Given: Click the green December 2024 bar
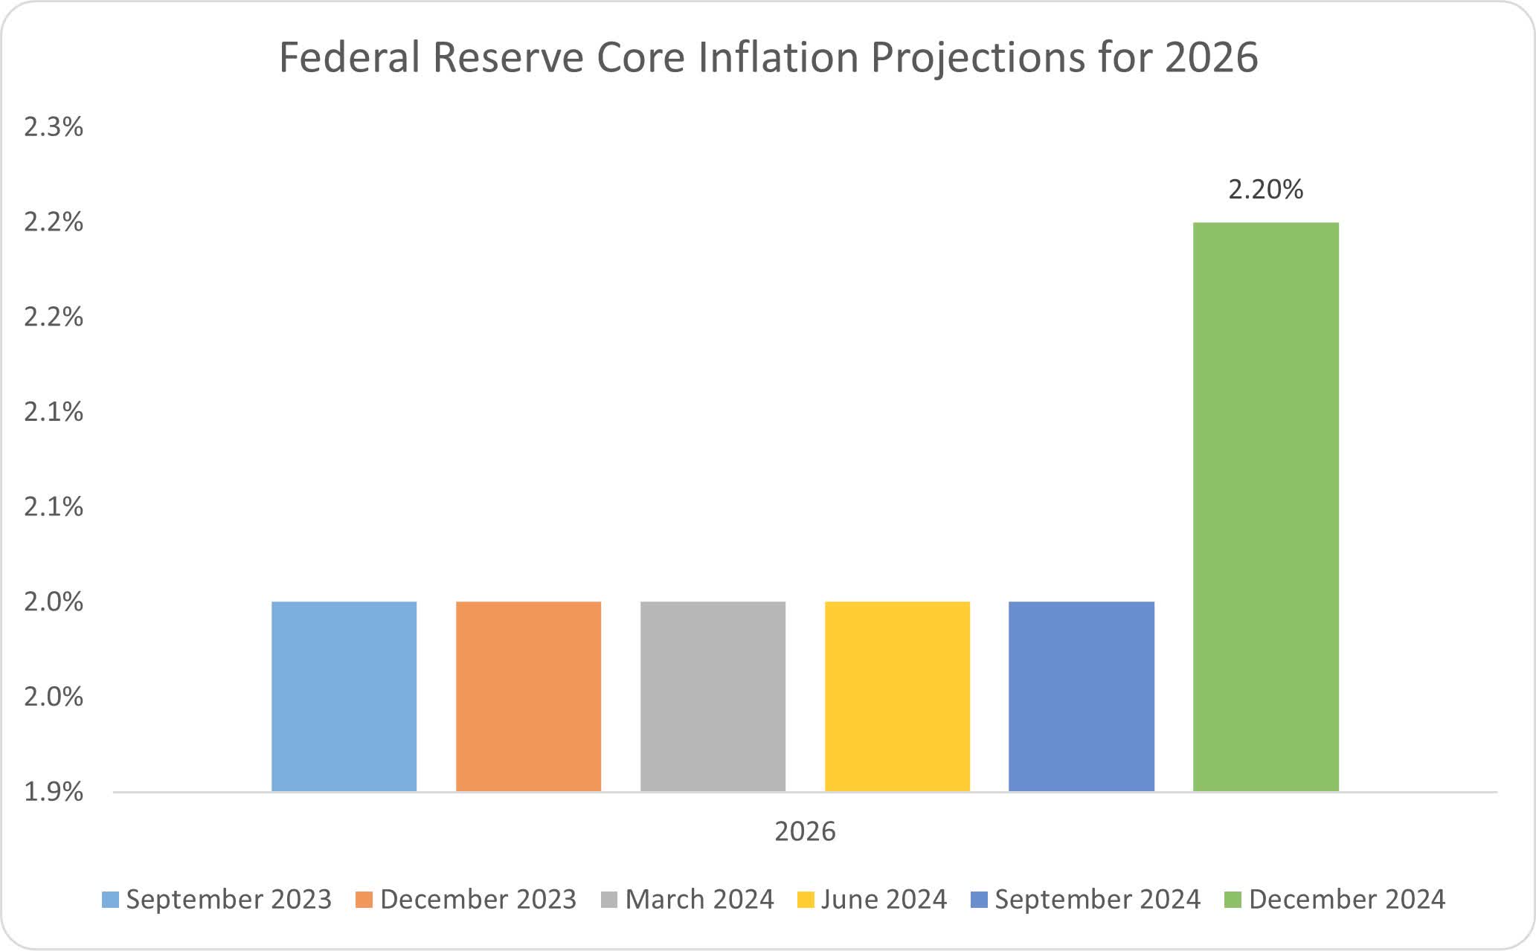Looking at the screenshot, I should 1265,506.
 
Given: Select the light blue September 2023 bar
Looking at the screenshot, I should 344,696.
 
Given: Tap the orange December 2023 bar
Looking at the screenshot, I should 528,696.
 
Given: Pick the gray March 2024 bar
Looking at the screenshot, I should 713,696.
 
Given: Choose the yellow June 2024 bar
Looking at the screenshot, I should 897,696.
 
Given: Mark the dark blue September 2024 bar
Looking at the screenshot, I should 1082,696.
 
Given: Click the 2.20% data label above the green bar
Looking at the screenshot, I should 1265,190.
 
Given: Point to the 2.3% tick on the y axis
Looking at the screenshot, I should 54,127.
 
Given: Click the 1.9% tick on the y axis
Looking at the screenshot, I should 54,792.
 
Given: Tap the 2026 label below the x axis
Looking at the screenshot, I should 805,831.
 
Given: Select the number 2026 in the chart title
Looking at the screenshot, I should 1211,58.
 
